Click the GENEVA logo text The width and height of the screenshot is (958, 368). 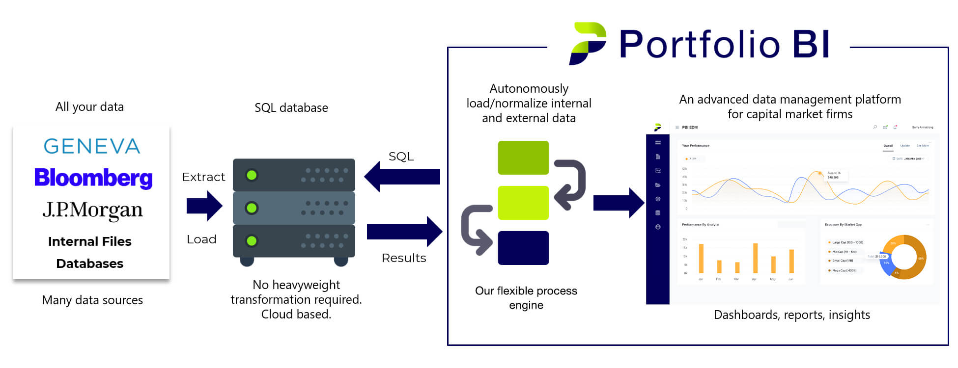pyautogui.click(x=92, y=146)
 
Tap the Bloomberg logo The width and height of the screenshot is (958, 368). pyautogui.click(x=93, y=178)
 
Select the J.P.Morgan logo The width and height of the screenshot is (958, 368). pyautogui.click(x=92, y=210)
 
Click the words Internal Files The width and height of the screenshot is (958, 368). pyautogui.click(x=90, y=241)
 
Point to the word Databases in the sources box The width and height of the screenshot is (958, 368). pyautogui.click(x=90, y=263)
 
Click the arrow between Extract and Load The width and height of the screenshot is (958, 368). pyautogui.click(x=204, y=206)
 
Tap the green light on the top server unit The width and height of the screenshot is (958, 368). pyautogui.click(x=252, y=175)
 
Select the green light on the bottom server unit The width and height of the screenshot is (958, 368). pyautogui.click(x=252, y=241)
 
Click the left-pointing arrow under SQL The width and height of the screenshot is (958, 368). pyautogui.click(x=402, y=177)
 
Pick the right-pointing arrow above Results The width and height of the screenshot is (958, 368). pyautogui.click(x=404, y=232)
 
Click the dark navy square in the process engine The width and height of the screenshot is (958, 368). pyautogui.click(x=523, y=248)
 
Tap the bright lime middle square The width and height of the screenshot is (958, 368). pyautogui.click(x=523, y=203)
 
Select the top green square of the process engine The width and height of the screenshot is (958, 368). pyautogui.click(x=523, y=158)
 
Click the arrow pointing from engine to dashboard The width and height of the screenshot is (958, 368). pyautogui.click(x=619, y=203)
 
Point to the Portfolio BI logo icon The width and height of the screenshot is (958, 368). pyautogui.click(x=588, y=43)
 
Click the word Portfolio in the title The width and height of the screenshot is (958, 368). pyautogui.click(x=699, y=44)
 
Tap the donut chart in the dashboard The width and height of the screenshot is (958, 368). pyautogui.click(x=903, y=257)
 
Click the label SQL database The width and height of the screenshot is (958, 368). pyautogui.click(x=291, y=108)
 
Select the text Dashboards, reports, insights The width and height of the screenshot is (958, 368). pyautogui.click(x=791, y=315)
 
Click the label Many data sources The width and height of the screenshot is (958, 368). pyautogui.click(x=92, y=300)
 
